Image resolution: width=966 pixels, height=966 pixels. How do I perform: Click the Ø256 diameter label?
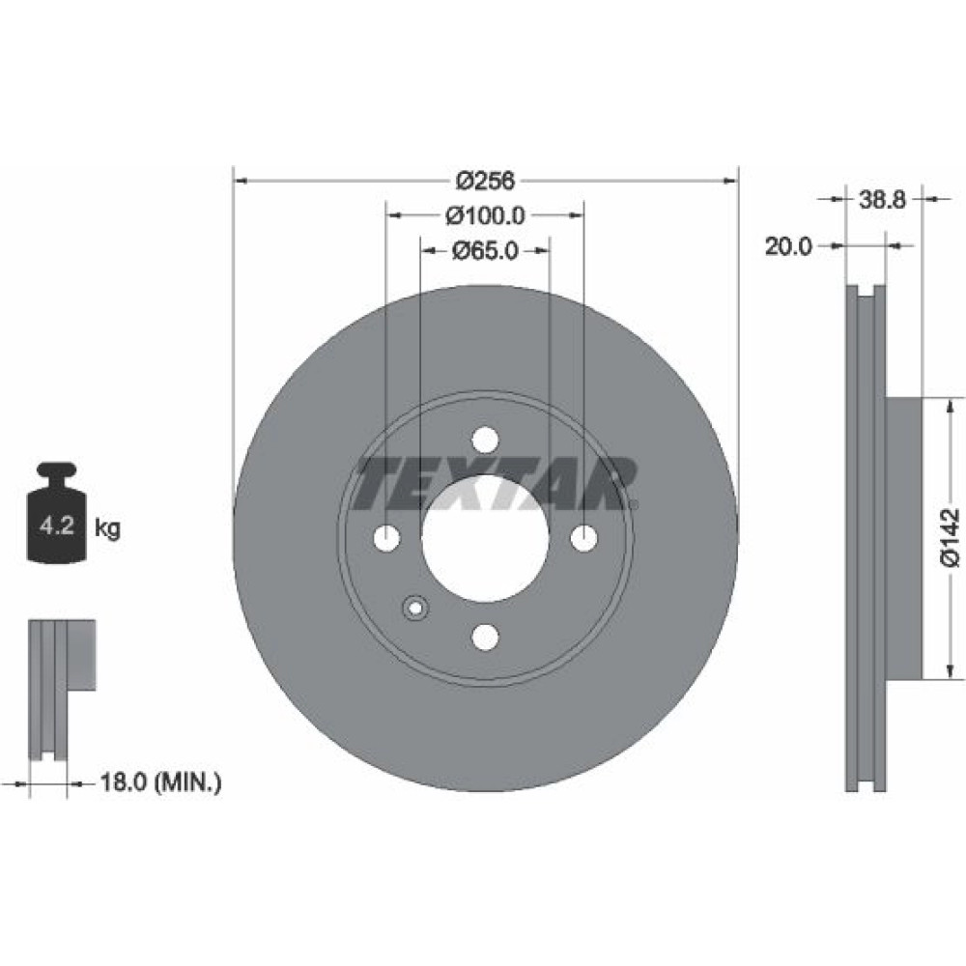485,181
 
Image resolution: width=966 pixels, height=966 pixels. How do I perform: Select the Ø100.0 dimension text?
485,215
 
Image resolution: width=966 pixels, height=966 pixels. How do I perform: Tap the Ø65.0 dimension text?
485,250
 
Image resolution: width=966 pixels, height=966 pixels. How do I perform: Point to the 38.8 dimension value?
882,199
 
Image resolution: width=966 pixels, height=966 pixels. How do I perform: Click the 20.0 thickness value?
788,246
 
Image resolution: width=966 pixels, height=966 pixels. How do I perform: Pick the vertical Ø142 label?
950,536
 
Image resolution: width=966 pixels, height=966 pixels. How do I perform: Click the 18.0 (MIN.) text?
160,782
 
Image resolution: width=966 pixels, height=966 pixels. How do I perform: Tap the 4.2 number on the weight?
57,526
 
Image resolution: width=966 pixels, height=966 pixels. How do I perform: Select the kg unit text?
107,528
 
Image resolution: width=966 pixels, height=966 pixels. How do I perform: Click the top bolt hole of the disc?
485,440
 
